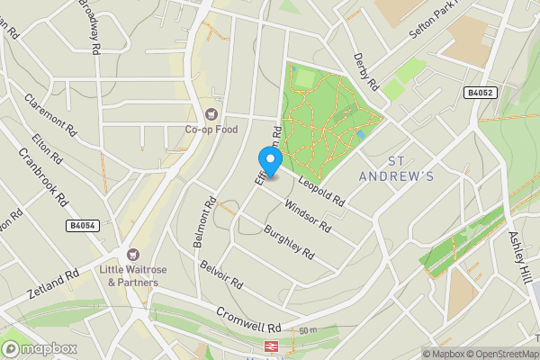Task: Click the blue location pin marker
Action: pyautogui.click(x=271, y=159)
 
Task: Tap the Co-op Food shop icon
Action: pyautogui.click(x=211, y=114)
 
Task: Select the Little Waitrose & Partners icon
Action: pyautogui.click(x=133, y=256)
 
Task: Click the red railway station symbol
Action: pyautogui.click(x=270, y=346)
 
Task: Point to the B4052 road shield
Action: pyautogui.click(x=481, y=93)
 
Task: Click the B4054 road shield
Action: pyautogui.click(x=82, y=226)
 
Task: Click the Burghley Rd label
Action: pyautogui.click(x=289, y=243)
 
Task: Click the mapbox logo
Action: pyautogui.click(x=38, y=349)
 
